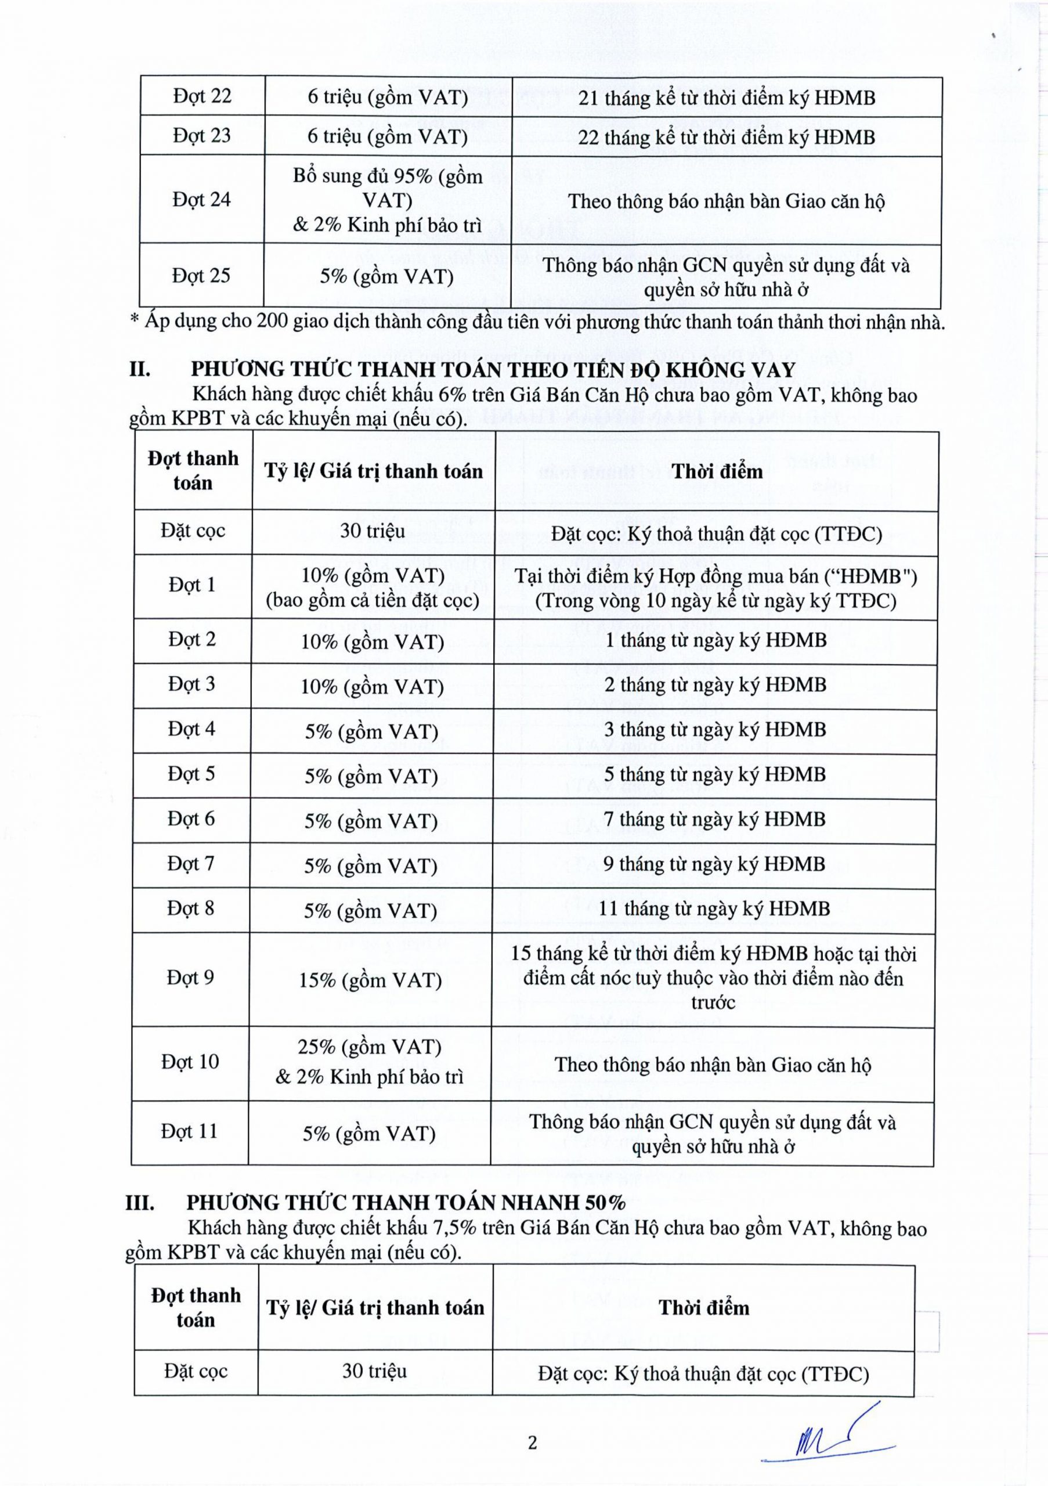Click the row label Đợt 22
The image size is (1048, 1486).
pyautogui.click(x=202, y=96)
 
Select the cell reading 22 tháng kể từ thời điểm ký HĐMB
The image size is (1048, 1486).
pyautogui.click(x=727, y=137)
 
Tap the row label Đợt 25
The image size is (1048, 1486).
pyautogui.click(x=201, y=276)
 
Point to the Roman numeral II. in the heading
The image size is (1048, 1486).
pyautogui.click(x=140, y=370)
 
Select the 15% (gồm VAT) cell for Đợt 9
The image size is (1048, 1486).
pyautogui.click(x=370, y=980)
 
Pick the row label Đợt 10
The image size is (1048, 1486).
pyautogui.click(x=190, y=1062)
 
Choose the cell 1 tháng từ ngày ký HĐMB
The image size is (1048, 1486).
pyautogui.click(x=715, y=640)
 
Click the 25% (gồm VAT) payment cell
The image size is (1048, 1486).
pyautogui.click(x=370, y=1047)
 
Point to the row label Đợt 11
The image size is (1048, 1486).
pyautogui.click(x=190, y=1131)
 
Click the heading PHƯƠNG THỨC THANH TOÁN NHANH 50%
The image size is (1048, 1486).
pyautogui.click(x=406, y=1203)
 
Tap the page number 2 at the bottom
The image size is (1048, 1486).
pyautogui.click(x=532, y=1443)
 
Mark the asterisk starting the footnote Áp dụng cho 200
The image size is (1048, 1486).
pyautogui.click(x=135, y=320)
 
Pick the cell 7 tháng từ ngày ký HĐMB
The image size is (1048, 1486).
pyautogui.click(x=715, y=820)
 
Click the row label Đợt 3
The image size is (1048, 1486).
pyautogui.click(x=191, y=684)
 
